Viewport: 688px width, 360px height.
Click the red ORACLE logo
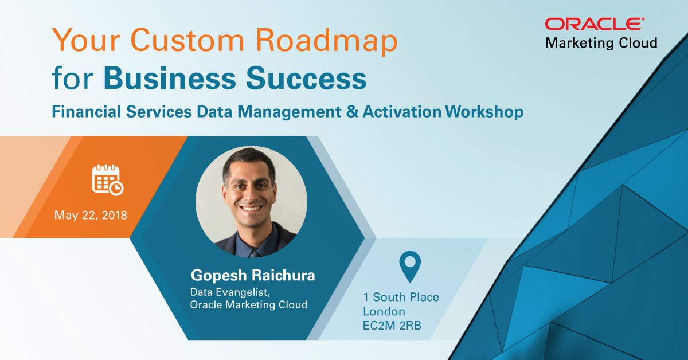pos(594,24)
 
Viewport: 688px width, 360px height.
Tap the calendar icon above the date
pos(107,179)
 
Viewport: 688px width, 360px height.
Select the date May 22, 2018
pos(91,216)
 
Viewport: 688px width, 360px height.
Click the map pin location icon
pos(410,267)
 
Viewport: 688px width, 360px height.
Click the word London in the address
pos(384,312)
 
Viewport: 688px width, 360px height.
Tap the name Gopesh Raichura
pos(253,275)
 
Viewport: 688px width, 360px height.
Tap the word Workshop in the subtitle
pos(483,111)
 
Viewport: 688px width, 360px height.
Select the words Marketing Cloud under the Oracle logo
pos(601,43)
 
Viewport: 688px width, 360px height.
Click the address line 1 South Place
pos(401,297)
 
